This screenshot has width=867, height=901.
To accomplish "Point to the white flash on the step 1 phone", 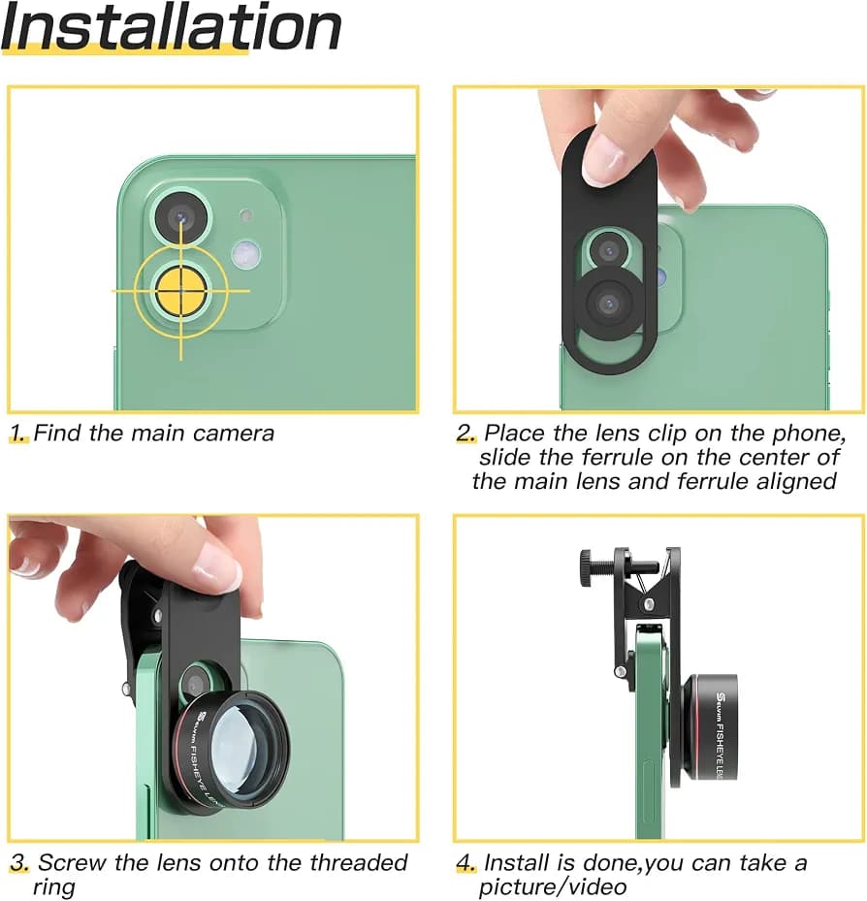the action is point(246,254).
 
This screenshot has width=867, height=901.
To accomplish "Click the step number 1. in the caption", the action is point(19,434).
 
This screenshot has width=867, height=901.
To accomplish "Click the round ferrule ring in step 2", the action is point(609,303).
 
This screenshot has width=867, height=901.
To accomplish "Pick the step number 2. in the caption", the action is point(466,434).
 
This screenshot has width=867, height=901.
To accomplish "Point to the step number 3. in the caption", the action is point(20,863).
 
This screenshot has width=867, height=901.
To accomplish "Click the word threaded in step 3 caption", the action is point(359,863).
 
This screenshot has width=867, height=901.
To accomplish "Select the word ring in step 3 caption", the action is point(53,887).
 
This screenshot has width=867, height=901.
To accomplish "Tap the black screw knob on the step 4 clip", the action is point(586,568).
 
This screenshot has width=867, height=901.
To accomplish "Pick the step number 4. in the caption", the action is point(466,863).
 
